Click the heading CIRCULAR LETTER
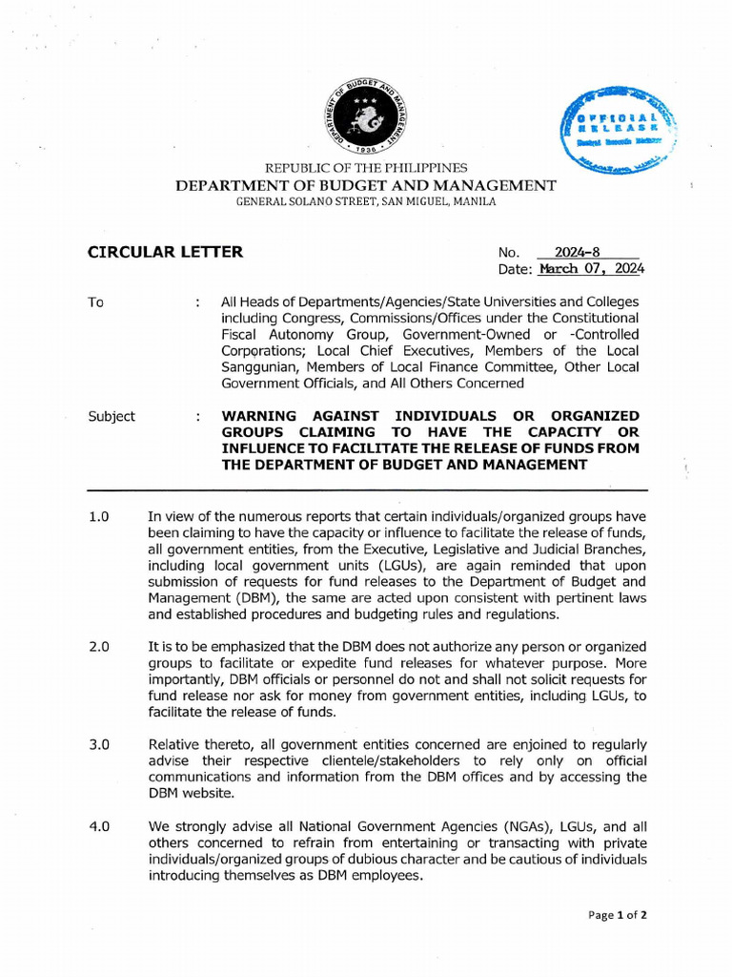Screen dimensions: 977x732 [x=165, y=253]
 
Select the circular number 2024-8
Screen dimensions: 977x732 [x=582, y=254]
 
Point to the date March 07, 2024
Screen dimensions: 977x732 [x=591, y=269]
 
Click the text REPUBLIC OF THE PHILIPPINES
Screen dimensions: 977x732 [x=366, y=169]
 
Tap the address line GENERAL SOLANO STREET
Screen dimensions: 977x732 [x=366, y=201]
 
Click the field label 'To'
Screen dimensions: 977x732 [x=95, y=302]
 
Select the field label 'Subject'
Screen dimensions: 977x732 [x=112, y=416]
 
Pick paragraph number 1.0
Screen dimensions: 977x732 [x=99, y=516]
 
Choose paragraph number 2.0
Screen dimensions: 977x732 [x=99, y=646]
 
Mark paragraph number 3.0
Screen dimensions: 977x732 [x=99, y=743]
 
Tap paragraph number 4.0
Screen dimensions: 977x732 [x=99, y=827]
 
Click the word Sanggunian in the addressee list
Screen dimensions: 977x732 [x=266, y=367]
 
